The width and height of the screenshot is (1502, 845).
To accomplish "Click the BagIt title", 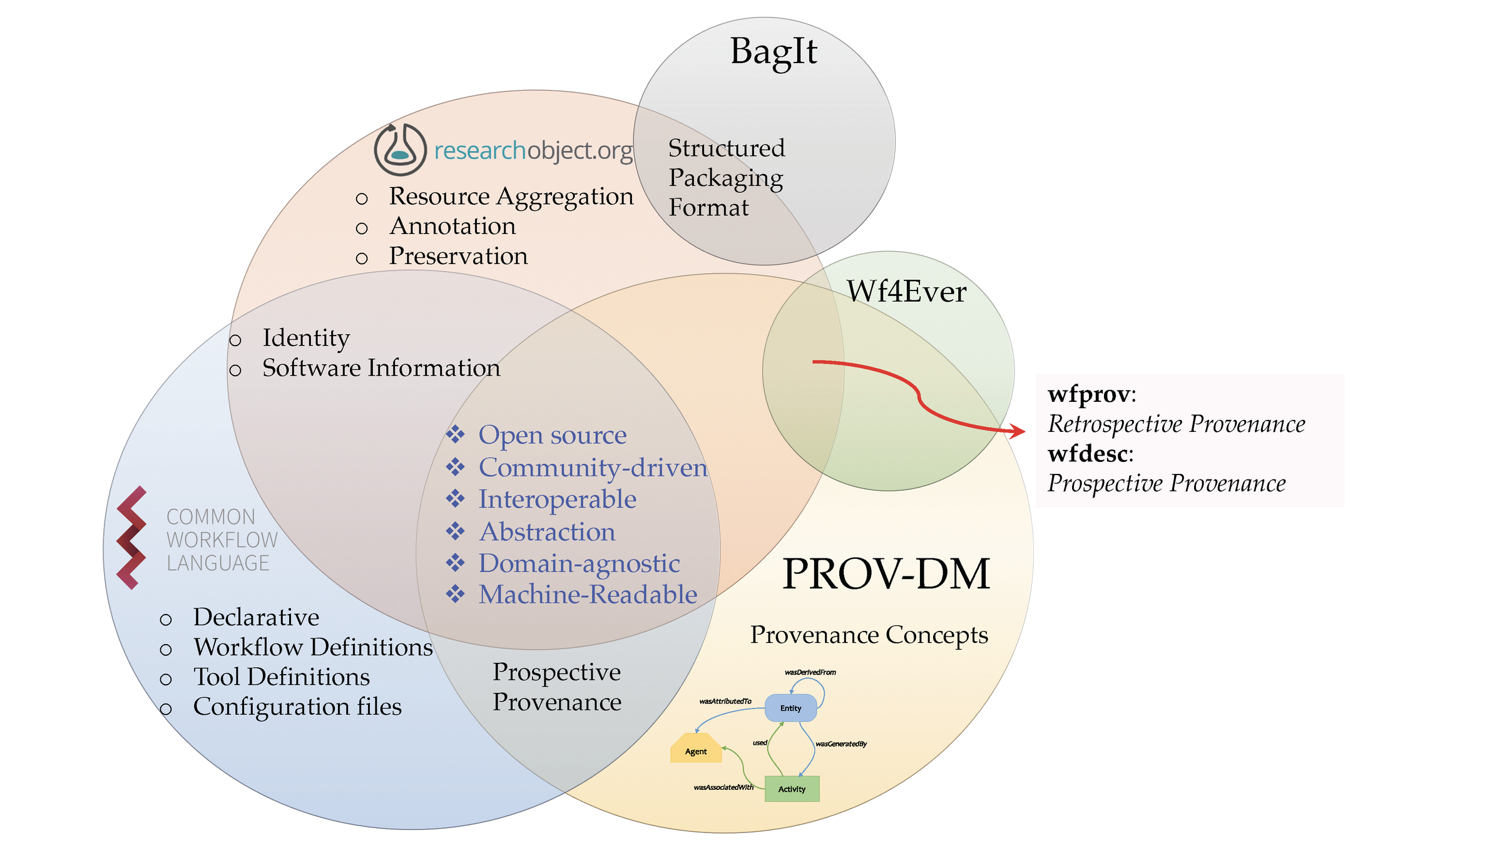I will (x=774, y=51).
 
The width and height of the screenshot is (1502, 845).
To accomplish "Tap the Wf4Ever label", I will (x=906, y=292).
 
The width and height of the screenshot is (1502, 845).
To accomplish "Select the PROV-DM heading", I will (x=886, y=574).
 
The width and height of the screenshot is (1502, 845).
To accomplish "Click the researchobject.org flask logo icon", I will (x=400, y=150).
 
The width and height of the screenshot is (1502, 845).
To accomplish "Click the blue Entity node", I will (x=790, y=708).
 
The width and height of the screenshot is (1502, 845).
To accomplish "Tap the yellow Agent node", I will (x=696, y=749).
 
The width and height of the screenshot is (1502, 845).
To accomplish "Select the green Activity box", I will (x=792, y=789).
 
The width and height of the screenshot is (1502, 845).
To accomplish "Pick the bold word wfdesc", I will (x=1089, y=454).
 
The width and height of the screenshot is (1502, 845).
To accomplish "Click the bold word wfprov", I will (x=1090, y=394).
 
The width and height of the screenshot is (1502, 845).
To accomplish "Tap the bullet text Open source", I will (x=553, y=435).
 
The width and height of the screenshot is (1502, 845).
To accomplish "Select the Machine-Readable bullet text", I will (x=588, y=595).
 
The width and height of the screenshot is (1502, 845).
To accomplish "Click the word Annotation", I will (x=452, y=226).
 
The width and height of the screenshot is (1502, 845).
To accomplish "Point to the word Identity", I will (x=306, y=338).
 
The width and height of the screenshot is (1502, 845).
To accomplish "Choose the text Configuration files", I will (x=297, y=707).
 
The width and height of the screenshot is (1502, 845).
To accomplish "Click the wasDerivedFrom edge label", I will (x=810, y=672).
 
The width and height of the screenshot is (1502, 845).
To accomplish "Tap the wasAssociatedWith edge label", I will (x=723, y=787).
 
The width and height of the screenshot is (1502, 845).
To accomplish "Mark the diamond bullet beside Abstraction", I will (x=455, y=531).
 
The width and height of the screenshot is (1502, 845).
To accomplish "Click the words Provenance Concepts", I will (x=869, y=635).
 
